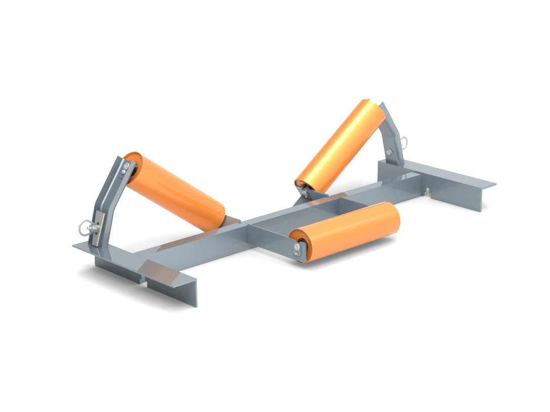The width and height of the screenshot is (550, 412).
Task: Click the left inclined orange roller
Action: pos(174,190)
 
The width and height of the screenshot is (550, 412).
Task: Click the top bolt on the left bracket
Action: pos(124,165)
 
